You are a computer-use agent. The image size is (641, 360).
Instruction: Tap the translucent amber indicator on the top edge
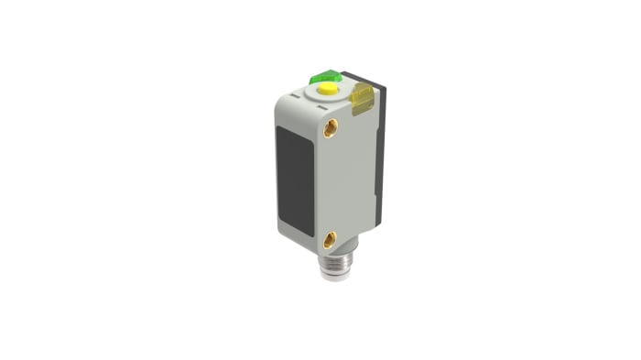363,96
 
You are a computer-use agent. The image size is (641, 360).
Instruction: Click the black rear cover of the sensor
379,147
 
